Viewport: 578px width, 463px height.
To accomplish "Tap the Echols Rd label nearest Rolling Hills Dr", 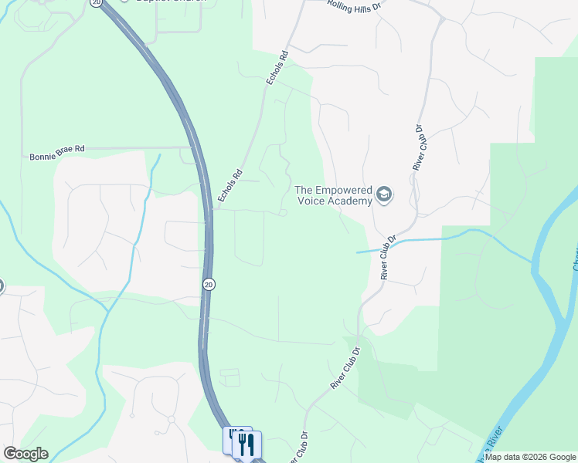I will pyautogui.click(x=277, y=69).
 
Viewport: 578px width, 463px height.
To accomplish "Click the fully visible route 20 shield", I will pyautogui.click(x=209, y=284).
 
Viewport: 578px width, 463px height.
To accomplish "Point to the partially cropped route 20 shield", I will pyautogui.click(x=96, y=2).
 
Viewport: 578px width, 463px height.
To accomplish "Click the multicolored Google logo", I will pyautogui.click(x=25, y=454).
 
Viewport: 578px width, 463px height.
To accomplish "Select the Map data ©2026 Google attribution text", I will pyautogui.click(x=530, y=457).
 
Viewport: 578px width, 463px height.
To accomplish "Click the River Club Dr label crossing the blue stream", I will pyautogui.click(x=388, y=256).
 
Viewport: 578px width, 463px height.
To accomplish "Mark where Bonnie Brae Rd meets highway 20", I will pyautogui.click(x=194, y=147).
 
